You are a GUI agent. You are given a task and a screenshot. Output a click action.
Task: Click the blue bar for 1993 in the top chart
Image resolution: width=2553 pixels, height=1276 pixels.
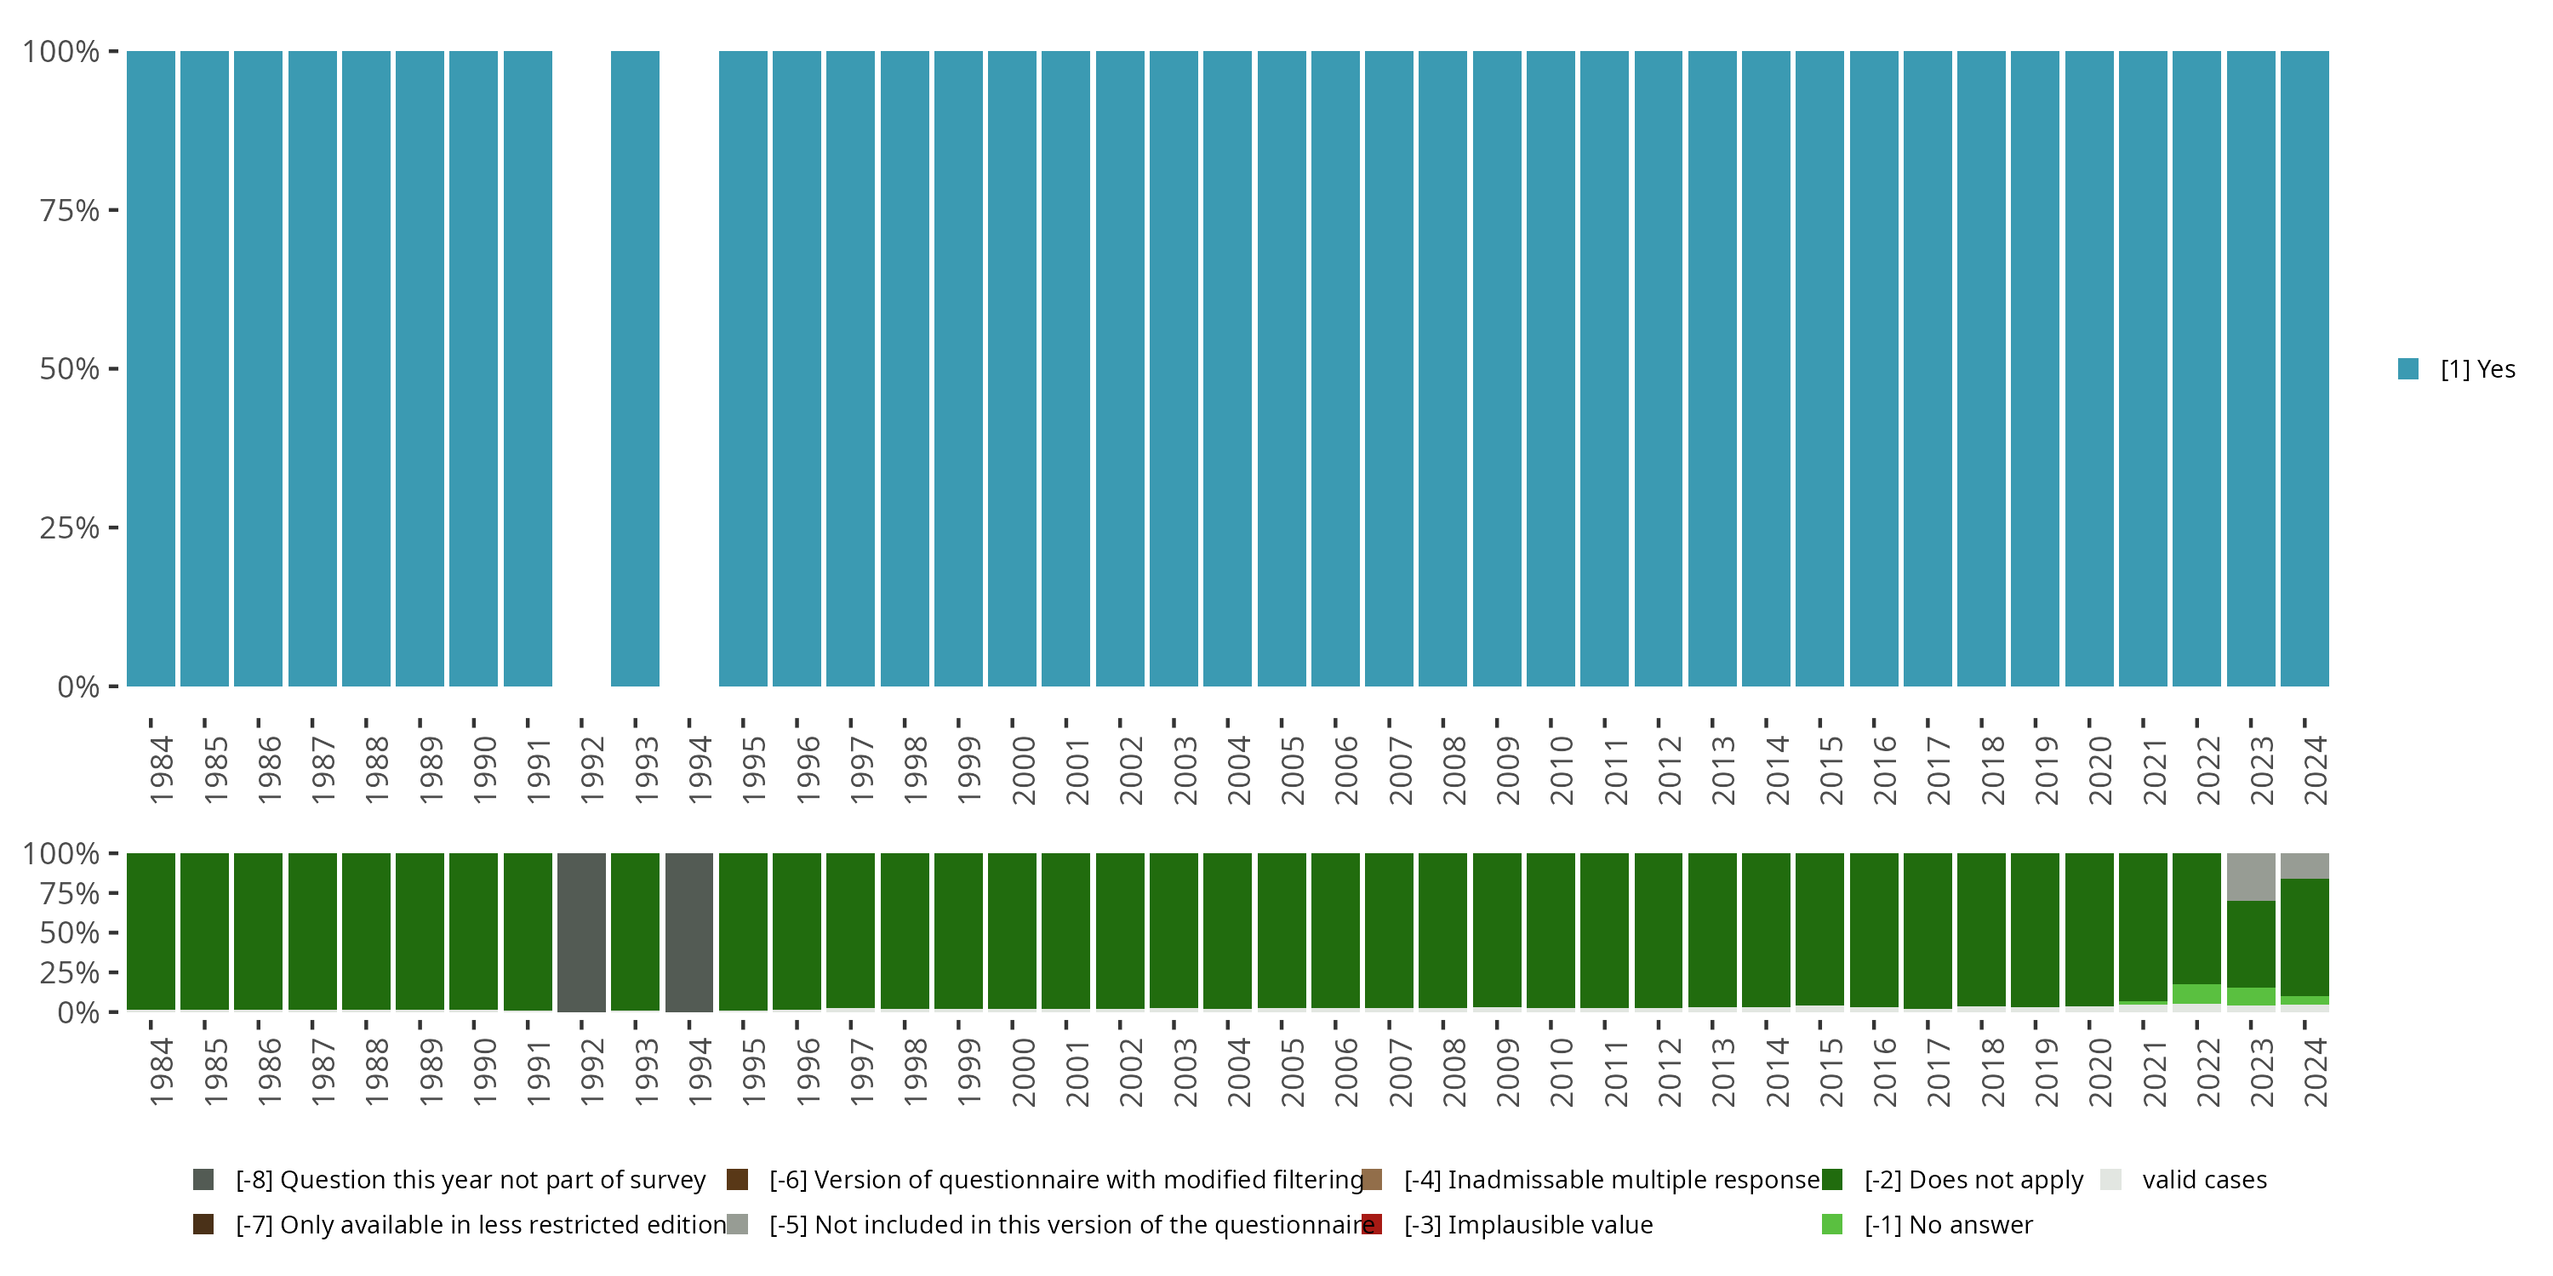point(634,368)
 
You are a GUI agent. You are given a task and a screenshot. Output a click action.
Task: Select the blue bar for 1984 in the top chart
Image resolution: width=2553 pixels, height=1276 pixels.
point(151,368)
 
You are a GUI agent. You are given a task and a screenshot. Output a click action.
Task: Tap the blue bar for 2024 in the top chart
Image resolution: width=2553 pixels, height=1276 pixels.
point(2305,368)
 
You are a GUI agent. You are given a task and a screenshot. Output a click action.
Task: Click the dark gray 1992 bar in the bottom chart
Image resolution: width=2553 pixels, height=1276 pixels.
point(580,932)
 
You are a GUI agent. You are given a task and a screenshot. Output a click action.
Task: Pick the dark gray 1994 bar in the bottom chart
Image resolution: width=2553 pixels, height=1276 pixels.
point(688,932)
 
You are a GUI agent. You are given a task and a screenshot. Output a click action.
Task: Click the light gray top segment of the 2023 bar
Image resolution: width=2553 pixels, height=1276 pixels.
point(2250,877)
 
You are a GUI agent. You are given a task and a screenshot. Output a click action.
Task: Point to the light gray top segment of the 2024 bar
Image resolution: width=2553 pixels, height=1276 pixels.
point(2305,866)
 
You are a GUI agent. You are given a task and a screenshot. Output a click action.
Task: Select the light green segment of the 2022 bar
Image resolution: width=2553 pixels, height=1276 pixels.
point(2196,994)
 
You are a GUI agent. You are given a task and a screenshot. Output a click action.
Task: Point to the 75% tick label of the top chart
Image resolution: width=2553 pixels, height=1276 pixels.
point(70,210)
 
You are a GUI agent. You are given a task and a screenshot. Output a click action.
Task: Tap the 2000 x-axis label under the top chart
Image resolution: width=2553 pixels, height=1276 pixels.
point(1023,770)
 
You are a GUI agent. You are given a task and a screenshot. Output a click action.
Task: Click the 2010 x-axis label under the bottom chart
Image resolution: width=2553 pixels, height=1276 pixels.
point(1561,1072)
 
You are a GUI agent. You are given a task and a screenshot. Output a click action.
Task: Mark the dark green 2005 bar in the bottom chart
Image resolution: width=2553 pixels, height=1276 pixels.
point(1282,931)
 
